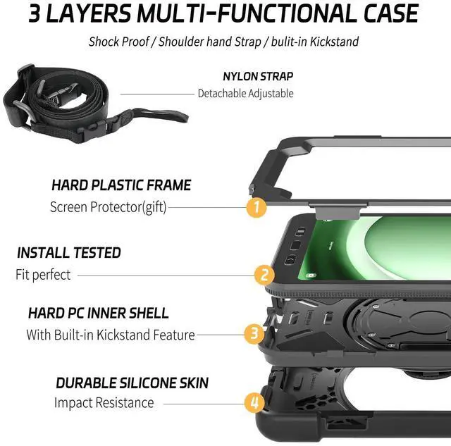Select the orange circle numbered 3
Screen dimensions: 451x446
[254, 334]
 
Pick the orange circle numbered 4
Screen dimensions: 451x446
[254, 403]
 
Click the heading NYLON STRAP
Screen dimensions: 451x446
[258, 76]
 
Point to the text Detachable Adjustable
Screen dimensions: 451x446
[245, 93]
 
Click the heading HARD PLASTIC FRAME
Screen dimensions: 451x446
[121, 185]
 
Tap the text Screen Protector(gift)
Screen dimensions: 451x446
[109, 207]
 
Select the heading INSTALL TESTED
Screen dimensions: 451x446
[69, 252]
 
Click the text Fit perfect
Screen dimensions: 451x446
[44, 275]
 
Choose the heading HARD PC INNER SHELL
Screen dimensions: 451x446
[99, 312]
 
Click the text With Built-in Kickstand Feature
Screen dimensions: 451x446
[111, 335]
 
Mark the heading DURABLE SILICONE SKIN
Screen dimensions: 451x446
[132, 383]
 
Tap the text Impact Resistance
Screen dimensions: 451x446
[104, 403]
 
